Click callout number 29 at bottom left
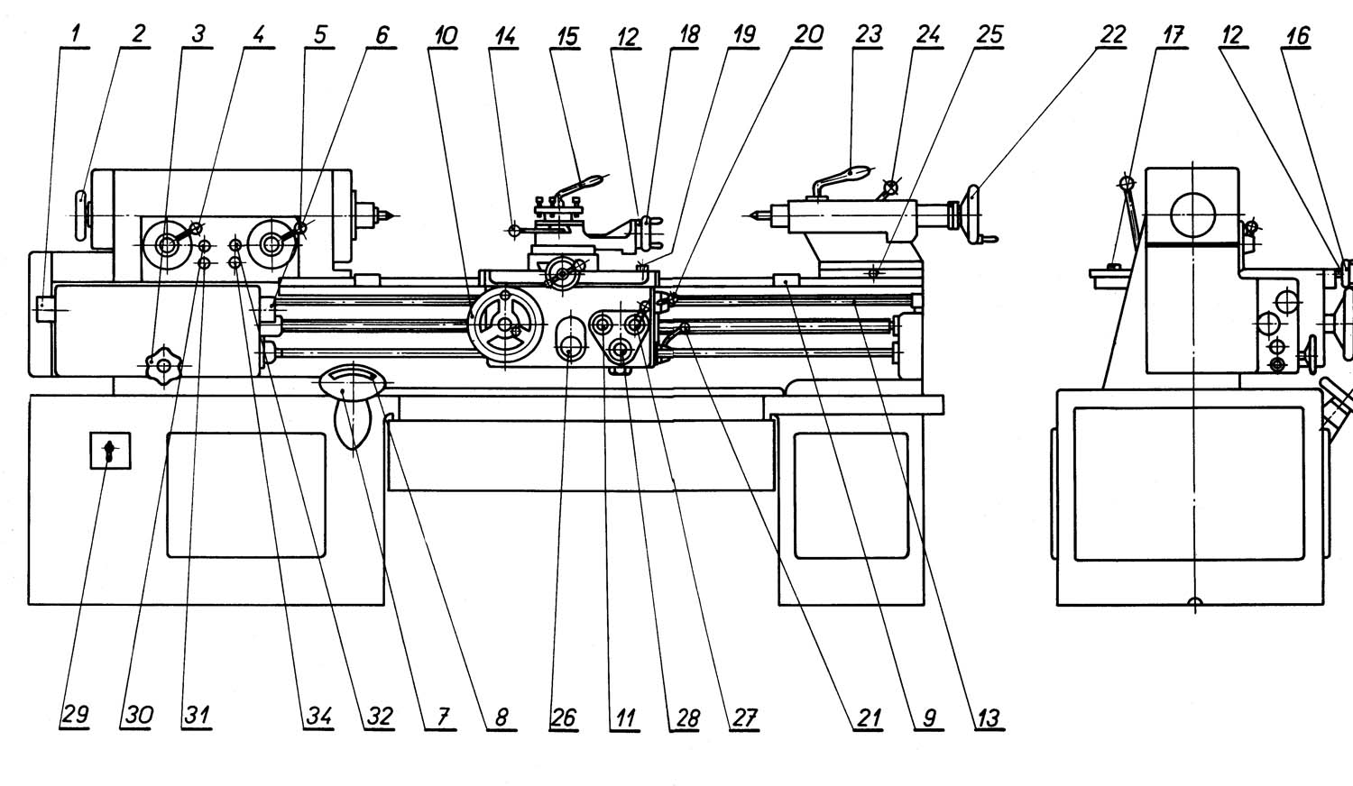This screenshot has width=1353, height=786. point(75,716)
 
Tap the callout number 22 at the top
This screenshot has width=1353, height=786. point(1112,35)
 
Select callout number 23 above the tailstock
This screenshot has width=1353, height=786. point(868,35)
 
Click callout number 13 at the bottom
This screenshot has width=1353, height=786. point(988,717)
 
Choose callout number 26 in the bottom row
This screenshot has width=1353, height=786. point(563,717)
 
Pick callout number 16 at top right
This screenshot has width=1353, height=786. point(1297,35)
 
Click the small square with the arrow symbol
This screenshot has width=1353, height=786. point(110,450)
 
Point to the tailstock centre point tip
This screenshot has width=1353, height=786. point(751,215)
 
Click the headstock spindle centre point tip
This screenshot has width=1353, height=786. point(388,215)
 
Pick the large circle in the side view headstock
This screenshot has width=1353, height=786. point(1192,215)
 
